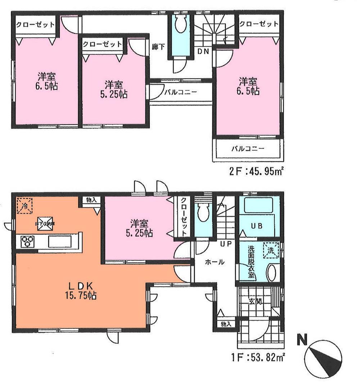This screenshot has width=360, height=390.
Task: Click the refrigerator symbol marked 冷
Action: point(25,206)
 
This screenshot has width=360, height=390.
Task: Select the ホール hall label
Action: point(215,262)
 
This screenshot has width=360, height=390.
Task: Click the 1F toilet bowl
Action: point(203,213)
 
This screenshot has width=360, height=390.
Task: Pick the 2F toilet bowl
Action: point(179,25)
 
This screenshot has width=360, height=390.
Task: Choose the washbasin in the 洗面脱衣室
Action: point(272,273)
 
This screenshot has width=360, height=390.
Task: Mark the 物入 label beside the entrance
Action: point(226,324)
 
